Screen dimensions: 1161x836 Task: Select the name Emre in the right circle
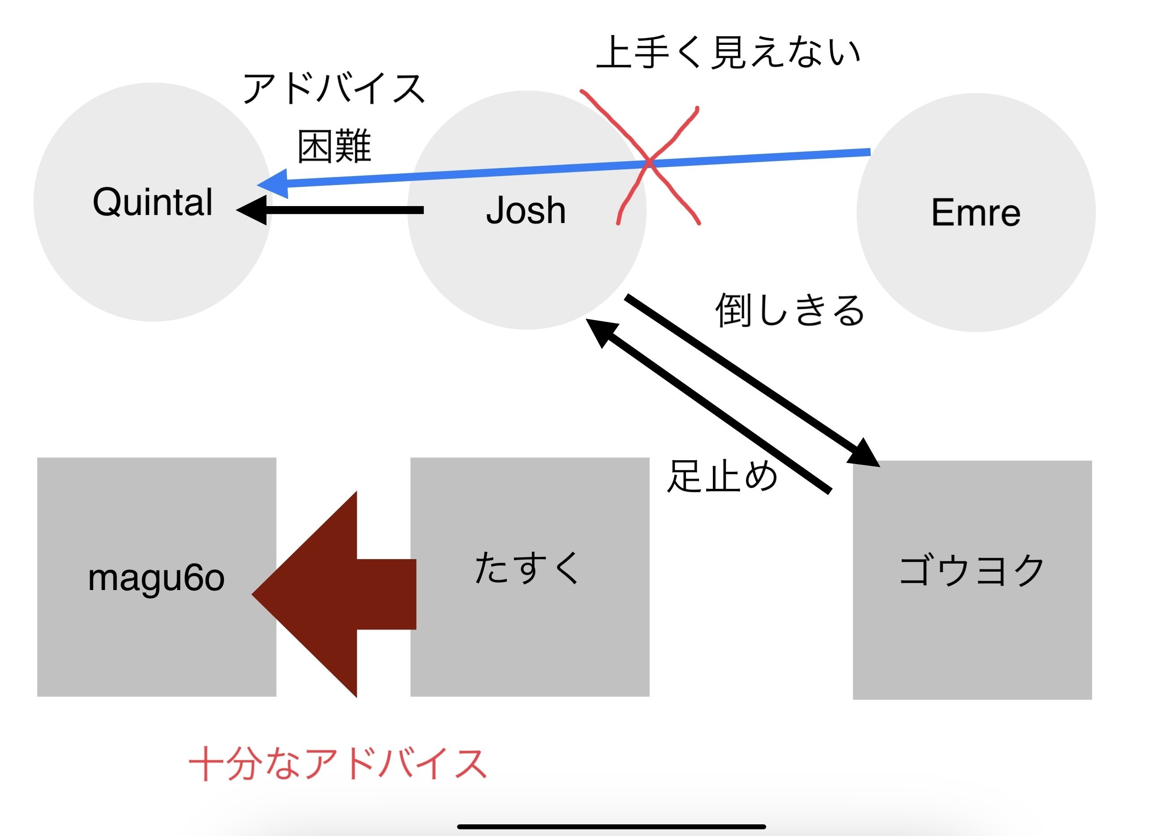[x=975, y=212]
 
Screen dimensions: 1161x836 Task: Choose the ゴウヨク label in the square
[x=971, y=571]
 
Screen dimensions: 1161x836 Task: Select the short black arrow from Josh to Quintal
[x=330, y=210]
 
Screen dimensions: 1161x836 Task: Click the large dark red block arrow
[x=334, y=595]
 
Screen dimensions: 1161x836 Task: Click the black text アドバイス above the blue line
[x=334, y=88]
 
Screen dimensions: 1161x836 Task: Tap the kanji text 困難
[x=334, y=146]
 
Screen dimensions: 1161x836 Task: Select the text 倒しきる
[x=790, y=310]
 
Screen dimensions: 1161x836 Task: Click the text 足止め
[x=722, y=476]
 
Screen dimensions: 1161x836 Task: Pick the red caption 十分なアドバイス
[x=338, y=763]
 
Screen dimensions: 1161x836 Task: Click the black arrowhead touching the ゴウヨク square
[x=864, y=452]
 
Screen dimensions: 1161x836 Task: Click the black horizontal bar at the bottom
[x=611, y=826]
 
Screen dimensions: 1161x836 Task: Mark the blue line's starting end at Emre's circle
[x=870, y=152]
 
